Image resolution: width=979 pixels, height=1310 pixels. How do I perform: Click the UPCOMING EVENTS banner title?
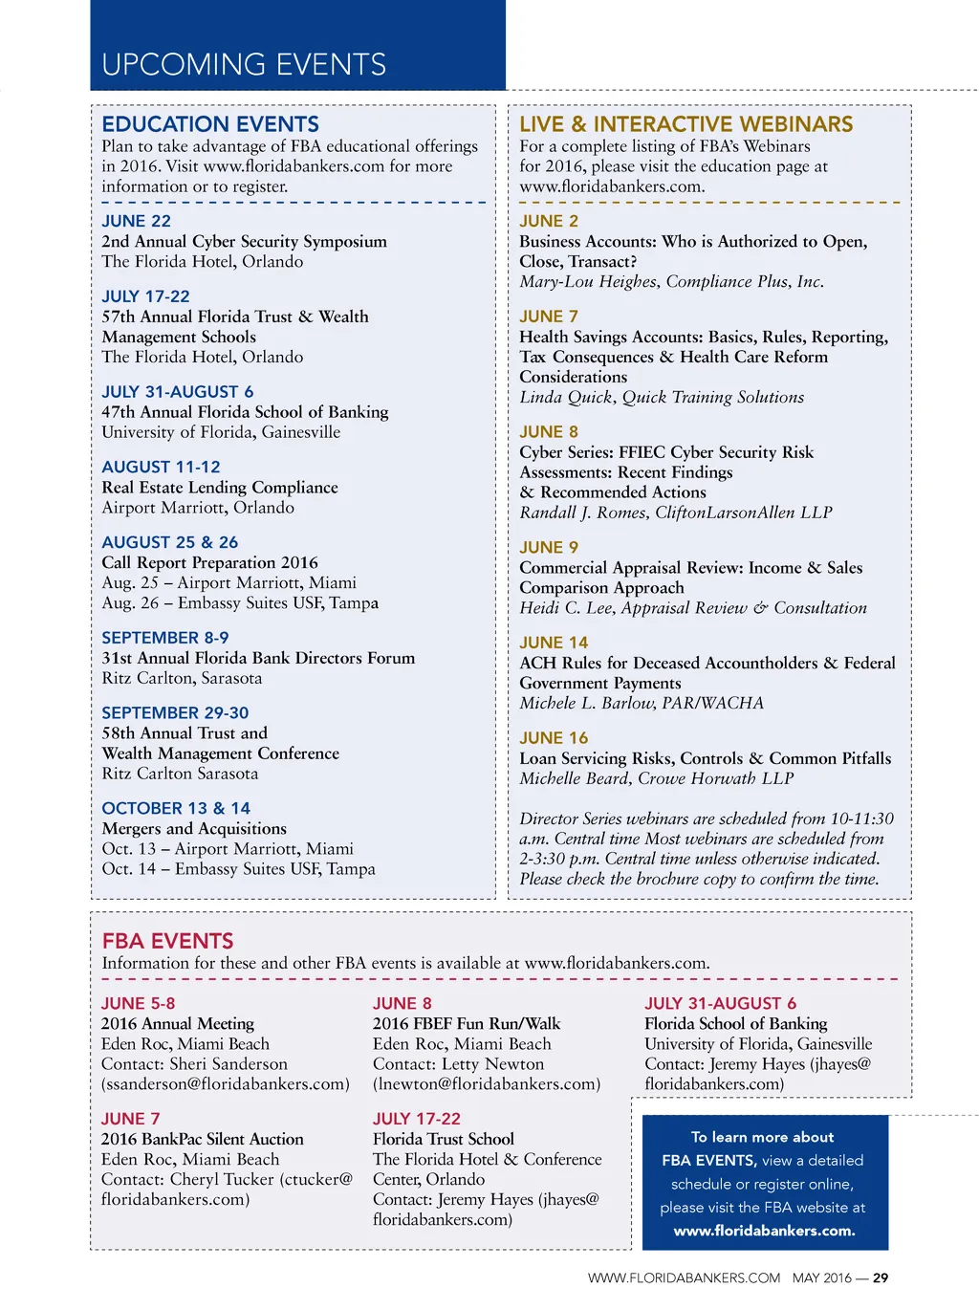click(x=244, y=65)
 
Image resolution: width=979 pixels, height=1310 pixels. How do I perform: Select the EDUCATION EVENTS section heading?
click(x=210, y=124)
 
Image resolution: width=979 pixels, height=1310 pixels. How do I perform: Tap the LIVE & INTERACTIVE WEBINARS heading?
click(x=685, y=124)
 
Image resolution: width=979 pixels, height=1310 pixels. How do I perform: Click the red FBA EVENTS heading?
click(x=167, y=941)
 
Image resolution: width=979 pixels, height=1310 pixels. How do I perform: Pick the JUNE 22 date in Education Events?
click(x=137, y=221)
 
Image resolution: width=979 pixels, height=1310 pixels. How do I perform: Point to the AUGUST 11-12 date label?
click(x=161, y=467)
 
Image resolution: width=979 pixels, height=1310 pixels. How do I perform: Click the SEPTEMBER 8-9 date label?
click(x=165, y=638)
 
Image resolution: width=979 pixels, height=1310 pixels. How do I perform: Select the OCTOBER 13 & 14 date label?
click(x=176, y=808)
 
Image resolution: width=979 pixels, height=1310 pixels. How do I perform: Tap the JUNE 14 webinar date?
click(x=554, y=643)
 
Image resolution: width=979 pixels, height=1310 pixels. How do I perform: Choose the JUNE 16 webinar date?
click(x=554, y=738)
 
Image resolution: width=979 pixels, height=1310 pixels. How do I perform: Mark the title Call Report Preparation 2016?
click(x=209, y=562)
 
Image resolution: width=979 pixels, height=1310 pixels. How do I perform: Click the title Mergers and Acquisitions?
click(x=194, y=828)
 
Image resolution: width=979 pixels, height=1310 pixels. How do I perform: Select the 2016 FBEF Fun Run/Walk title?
click(x=467, y=1023)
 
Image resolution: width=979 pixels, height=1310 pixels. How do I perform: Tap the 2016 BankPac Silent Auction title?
click(x=203, y=1139)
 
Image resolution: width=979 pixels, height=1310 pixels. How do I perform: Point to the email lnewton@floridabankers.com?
click(x=487, y=1083)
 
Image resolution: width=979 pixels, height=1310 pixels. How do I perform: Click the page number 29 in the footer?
click(x=881, y=1277)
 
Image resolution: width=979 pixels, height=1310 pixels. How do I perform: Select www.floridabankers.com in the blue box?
click(x=765, y=1231)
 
